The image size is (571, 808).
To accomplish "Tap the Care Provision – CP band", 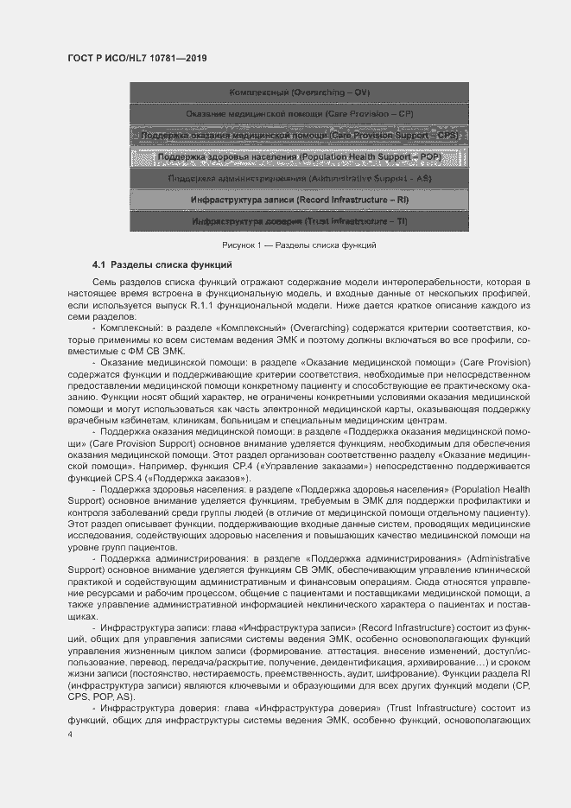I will tap(299, 114).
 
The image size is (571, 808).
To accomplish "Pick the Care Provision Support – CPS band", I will tap(299, 136).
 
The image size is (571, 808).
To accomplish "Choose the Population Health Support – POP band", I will tap(299, 157).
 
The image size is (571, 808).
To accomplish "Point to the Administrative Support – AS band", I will tap(299, 179).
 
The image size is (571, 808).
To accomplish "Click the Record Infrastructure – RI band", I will tap(299, 200).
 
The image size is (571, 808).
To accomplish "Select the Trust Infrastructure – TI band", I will tap(299, 222).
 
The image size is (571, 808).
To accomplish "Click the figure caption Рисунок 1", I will tap(298, 245).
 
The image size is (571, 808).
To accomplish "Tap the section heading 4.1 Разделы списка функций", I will tap(162, 263).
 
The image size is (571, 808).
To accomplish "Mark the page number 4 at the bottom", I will tap(70, 734).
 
